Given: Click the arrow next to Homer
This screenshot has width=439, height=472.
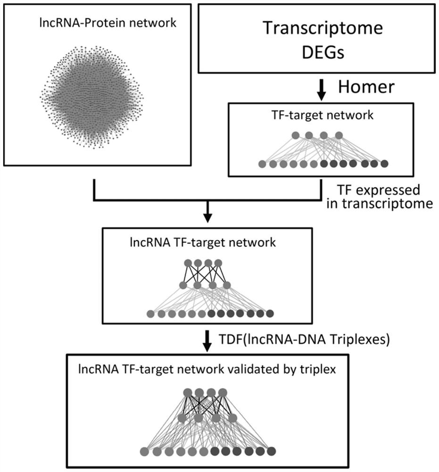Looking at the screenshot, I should (x=321, y=89).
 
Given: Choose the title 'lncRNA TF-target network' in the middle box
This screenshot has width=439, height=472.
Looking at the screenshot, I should (x=207, y=243).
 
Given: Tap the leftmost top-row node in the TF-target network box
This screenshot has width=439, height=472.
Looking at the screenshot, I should (x=296, y=135).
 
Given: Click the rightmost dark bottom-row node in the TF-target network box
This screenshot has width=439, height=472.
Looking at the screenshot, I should (x=384, y=164).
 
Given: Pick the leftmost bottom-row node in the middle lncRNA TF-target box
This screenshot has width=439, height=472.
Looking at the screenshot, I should (x=151, y=313).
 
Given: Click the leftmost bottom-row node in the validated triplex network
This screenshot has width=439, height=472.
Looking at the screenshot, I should (x=144, y=451).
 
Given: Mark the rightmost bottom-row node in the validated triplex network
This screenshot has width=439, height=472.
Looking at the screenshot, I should (x=271, y=451).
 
